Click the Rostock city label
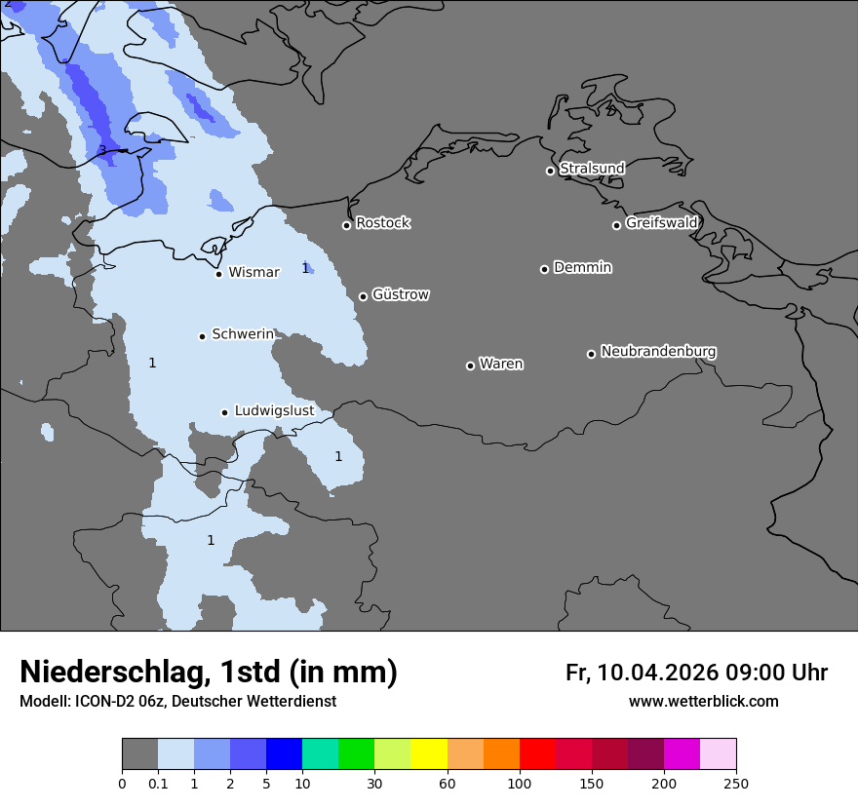click(x=382, y=223)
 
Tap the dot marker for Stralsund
click(x=550, y=171)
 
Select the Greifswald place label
click(x=661, y=223)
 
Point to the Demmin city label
click(x=582, y=267)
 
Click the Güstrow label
click(x=400, y=294)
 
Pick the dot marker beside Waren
click(x=470, y=366)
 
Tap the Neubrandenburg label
click(x=658, y=351)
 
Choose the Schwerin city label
click(x=243, y=334)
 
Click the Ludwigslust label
click(x=274, y=411)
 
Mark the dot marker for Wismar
click(x=218, y=274)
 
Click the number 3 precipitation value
click(x=102, y=150)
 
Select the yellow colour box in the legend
click(x=429, y=754)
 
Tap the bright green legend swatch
click(x=356, y=754)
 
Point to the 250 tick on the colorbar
click(x=735, y=783)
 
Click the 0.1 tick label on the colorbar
click(x=158, y=783)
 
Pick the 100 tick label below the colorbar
click(x=519, y=783)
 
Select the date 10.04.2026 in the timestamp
click(x=658, y=673)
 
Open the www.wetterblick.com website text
click(x=703, y=702)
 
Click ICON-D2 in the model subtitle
click(x=102, y=702)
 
